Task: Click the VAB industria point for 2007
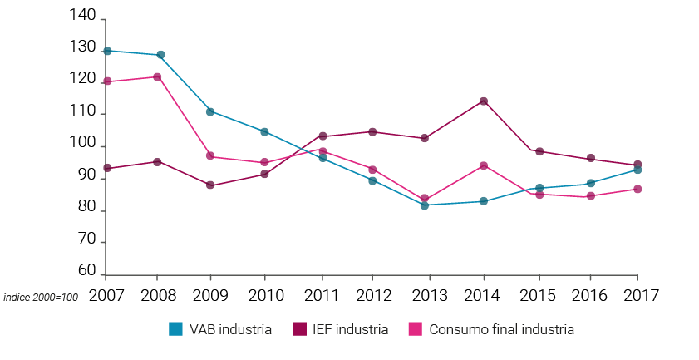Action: (107, 51)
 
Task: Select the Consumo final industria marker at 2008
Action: (156, 76)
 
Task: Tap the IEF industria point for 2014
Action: (482, 101)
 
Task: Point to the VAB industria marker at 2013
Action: (424, 205)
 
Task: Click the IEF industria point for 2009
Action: (210, 185)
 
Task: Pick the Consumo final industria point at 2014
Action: (482, 165)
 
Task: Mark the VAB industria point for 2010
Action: (264, 131)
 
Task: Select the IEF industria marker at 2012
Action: (372, 131)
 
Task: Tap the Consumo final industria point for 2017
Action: (637, 189)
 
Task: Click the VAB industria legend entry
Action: (220, 329)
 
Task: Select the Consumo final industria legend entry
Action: (492, 329)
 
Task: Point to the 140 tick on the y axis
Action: (86, 18)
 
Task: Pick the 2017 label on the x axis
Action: (640, 295)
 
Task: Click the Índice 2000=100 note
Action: (42, 297)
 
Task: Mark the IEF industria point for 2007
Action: (107, 168)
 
